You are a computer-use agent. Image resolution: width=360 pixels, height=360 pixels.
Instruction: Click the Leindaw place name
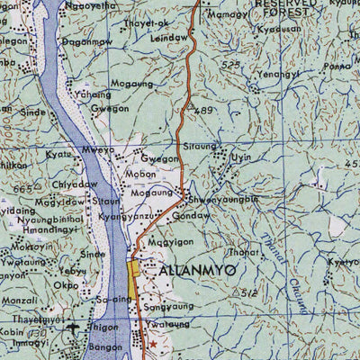tap(170, 38)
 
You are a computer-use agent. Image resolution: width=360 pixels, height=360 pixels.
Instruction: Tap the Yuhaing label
tap(94, 94)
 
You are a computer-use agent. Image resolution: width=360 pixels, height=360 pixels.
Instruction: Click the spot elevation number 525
tap(232, 65)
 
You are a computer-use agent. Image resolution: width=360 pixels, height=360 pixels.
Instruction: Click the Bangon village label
tap(106, 346)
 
